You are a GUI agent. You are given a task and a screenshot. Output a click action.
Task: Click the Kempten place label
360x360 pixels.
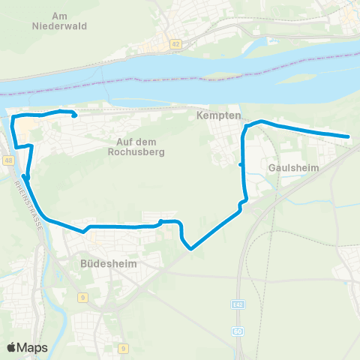point(218,116)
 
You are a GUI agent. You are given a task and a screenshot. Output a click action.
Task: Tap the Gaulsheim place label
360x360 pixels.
point(293,169)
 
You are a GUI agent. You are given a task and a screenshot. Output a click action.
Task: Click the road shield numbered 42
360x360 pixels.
point(175,45)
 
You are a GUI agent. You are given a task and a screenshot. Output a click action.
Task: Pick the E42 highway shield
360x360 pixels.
point(238,307)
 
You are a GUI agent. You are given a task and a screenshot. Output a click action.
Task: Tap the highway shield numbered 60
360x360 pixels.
point(238,331)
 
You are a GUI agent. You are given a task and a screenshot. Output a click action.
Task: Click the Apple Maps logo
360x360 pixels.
point(27,347)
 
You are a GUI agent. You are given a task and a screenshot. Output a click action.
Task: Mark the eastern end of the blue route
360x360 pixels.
point(349,136)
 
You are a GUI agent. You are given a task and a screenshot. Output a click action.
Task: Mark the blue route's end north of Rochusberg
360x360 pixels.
point(74,115)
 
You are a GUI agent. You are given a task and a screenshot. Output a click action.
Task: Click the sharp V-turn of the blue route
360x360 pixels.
point(191,248)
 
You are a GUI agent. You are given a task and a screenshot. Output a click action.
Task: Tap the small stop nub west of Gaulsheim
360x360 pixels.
point(240,164)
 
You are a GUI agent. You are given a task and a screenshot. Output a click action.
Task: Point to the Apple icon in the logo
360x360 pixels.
point(12,347)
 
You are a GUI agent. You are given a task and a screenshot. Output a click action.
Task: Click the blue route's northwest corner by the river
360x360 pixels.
point(13,118)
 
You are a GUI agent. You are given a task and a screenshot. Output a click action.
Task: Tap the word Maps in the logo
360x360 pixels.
point(33,348)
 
